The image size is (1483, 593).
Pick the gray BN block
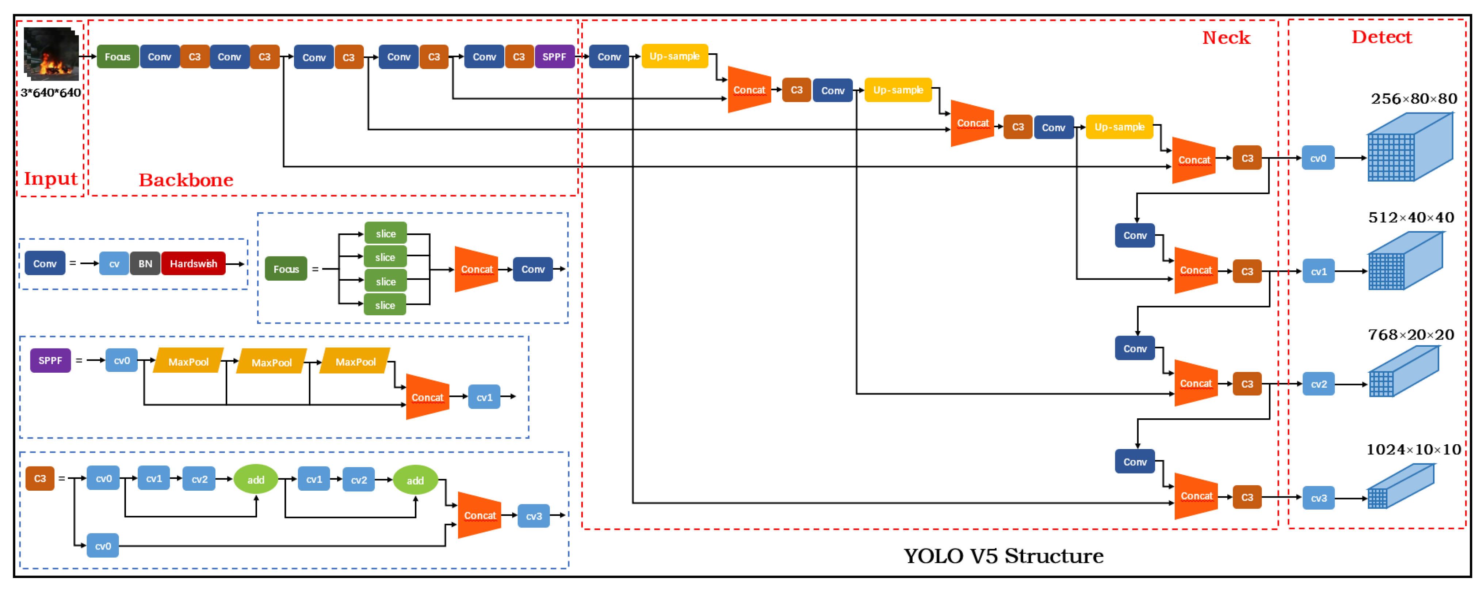(145, 264)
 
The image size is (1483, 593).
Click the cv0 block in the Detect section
(1318, 158)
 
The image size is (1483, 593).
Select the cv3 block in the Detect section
(1318, 498)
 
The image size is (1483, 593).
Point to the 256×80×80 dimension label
(1413, 99)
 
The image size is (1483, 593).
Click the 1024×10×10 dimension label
(1413, 450)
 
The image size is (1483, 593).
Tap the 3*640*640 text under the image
(51, 93)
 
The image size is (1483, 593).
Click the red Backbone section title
(186, 180)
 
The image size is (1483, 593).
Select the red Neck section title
(1226, 38)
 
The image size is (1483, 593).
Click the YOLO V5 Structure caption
(1004, 556)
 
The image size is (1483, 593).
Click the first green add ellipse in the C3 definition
(256, 480)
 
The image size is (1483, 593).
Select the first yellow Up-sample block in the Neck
(674, 56)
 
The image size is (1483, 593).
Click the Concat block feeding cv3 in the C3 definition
(479, 515)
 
